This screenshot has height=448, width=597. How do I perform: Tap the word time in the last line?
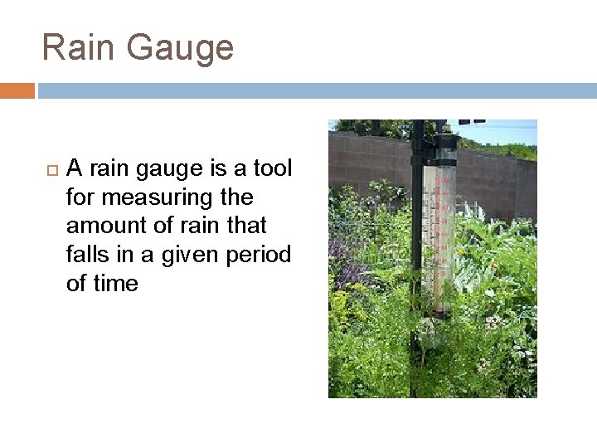click(x=114, y=283)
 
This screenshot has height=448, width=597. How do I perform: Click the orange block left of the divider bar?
click(x=17, y=90)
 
